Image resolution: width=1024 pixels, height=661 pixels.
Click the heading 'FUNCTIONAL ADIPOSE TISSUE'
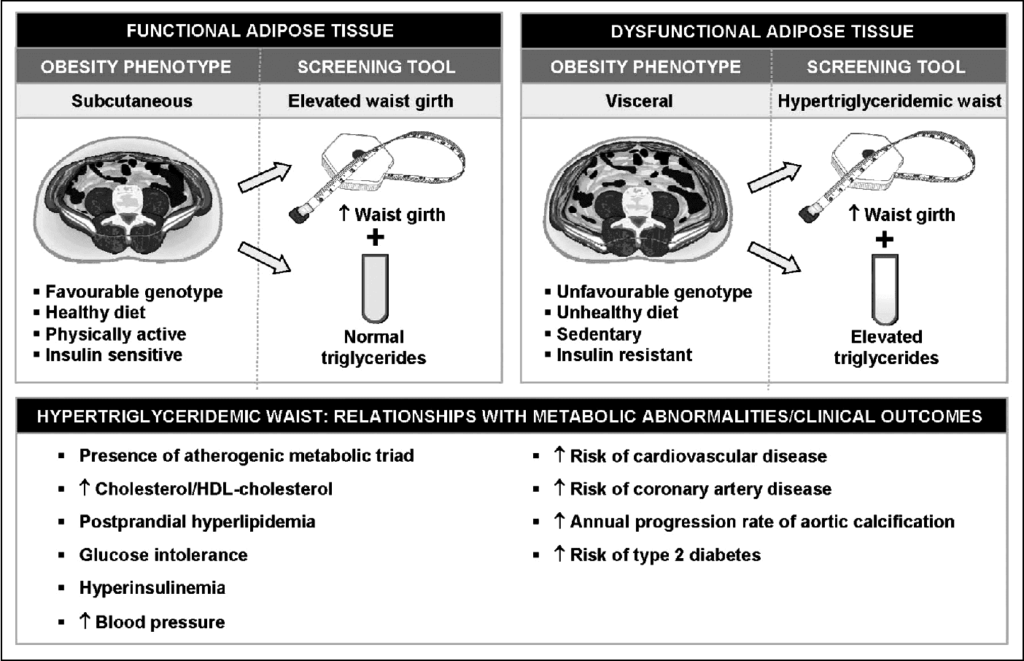[x=260, y=31]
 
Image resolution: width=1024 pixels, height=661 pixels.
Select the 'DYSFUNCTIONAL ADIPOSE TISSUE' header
[x=762, y=31]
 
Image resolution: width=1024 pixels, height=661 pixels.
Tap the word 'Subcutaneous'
[x=132, y=101]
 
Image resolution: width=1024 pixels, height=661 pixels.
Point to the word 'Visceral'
[x=639, y=101]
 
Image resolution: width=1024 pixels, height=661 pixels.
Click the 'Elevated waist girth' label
[x=371, y=101]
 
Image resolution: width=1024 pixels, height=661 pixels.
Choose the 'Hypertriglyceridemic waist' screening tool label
[x=889, y=101]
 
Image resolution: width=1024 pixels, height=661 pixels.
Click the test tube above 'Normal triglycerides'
[x=376, y=289]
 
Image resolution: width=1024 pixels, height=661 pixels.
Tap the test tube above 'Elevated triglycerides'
[x=885, y=289]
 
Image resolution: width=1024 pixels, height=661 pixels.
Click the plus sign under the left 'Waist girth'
[x=375, y=237]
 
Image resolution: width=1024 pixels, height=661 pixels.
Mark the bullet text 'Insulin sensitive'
[x=114, y=355]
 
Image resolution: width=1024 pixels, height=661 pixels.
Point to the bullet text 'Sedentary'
[x=599, y=334]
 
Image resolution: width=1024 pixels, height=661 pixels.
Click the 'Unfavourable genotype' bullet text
[x=654, y=292]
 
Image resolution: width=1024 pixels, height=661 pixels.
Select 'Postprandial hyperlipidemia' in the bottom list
[x=197, y=522]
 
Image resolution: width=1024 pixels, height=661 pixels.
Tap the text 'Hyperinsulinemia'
[x=152, y=588]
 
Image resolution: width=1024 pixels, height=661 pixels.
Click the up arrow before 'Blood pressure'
[x=85, y=621]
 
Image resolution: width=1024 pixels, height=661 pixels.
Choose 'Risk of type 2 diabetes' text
[x=664, y=555]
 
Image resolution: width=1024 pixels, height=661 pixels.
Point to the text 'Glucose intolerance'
[x=163, y=555]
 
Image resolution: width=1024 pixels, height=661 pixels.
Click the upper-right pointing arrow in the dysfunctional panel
[x=774, y=177]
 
